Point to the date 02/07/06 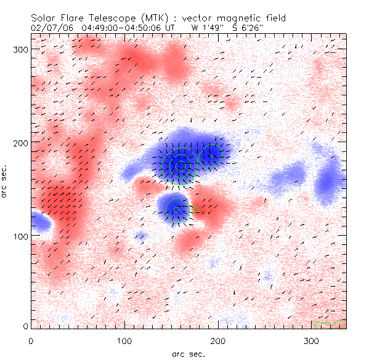point(49,28)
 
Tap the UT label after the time point(170,28)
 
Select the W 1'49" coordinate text point(205,28)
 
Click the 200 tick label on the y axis point(18,142)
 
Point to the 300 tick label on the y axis point(18,49)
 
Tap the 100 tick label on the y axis point(18,236)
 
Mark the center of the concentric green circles point(180,166)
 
